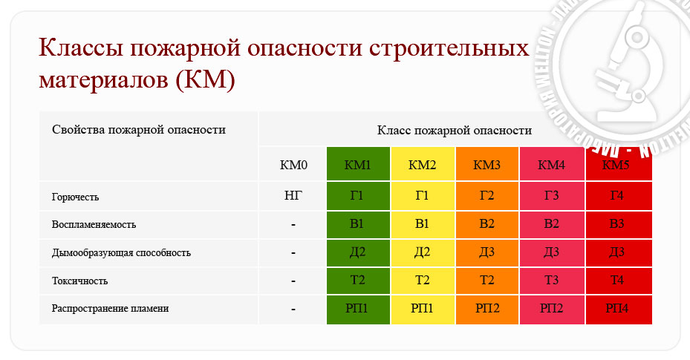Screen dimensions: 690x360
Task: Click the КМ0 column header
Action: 293,164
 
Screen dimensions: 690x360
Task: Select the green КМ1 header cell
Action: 358,164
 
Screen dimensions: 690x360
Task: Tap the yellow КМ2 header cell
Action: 423,164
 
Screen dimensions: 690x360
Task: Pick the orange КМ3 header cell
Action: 487,164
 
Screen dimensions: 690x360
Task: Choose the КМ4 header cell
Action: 553,164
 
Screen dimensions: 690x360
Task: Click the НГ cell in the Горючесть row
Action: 293,196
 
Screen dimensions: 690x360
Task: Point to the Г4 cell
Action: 619,196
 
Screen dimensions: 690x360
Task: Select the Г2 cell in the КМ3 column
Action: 487,196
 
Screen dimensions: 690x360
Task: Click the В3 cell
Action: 619,224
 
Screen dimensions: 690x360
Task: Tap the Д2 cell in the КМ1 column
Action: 358,253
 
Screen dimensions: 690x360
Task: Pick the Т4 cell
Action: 619,281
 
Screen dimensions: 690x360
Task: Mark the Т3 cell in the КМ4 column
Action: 553,281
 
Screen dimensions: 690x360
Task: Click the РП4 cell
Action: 619,310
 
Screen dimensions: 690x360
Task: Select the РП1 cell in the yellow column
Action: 423,310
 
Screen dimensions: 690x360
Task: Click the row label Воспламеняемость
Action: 94,225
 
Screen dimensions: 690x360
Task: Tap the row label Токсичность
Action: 79,281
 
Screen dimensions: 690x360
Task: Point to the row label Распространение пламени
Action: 110,309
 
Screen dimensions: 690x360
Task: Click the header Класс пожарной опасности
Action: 454,131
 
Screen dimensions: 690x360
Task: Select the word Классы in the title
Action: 80,48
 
